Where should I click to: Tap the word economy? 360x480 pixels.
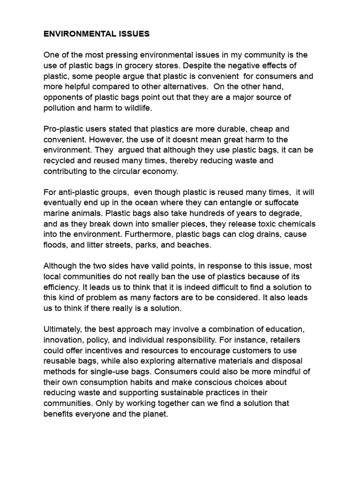[x=162, y=171]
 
